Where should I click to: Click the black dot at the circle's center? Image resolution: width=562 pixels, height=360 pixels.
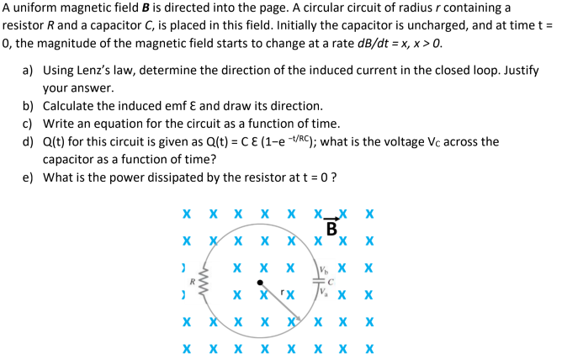[262, 283]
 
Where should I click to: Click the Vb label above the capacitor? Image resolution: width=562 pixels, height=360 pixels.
[325, 271]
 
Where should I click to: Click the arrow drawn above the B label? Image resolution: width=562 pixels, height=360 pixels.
[331, 220]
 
